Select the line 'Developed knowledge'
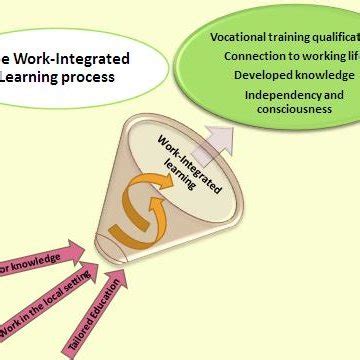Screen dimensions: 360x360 point(294,74)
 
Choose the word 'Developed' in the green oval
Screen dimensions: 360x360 point(265,74)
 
